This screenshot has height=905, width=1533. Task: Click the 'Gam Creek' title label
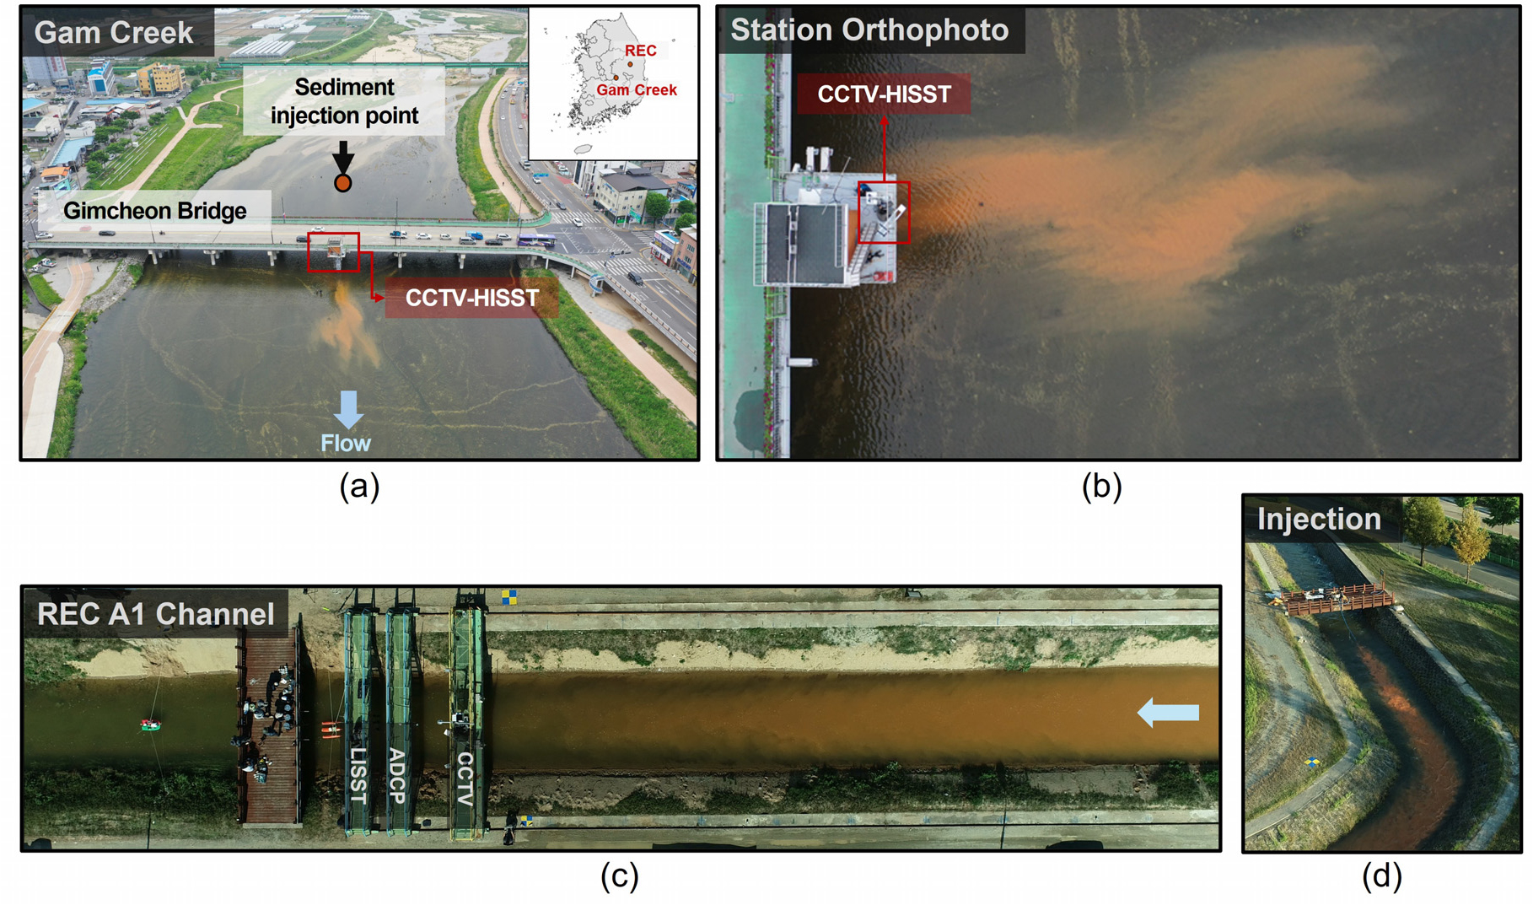[x=114, y=32]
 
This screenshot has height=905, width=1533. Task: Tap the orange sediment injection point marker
[x=342, y=182]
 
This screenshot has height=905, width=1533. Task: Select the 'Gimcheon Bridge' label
[x=155, y=210]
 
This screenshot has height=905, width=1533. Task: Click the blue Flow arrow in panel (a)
[x=347, y=409]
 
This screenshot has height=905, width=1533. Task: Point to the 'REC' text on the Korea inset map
[x=640, y=51]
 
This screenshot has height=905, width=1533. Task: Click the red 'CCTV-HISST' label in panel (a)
[x=472, y=298]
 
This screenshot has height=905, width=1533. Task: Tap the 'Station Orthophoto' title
[x=869, y=30]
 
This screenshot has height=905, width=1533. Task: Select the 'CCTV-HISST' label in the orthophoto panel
[x=884, y=94]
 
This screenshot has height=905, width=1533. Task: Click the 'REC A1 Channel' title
[x=156, y=614]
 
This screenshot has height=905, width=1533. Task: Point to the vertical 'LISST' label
[x=358, y=774]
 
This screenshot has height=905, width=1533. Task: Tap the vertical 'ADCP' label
[x=397, y=775]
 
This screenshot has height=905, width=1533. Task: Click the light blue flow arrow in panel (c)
[x=1168, y=713]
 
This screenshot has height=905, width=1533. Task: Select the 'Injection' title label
[x=1319, y=519]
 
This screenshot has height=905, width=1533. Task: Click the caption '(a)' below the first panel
[x=359, y=487]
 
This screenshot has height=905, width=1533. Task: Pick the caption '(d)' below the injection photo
[x=1382, y=876]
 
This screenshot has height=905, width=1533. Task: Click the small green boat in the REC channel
[x=150, y=725]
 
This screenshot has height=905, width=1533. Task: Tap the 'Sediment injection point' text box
[x=344, y=101]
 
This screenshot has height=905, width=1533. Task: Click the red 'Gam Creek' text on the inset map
[x=637, y=90]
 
